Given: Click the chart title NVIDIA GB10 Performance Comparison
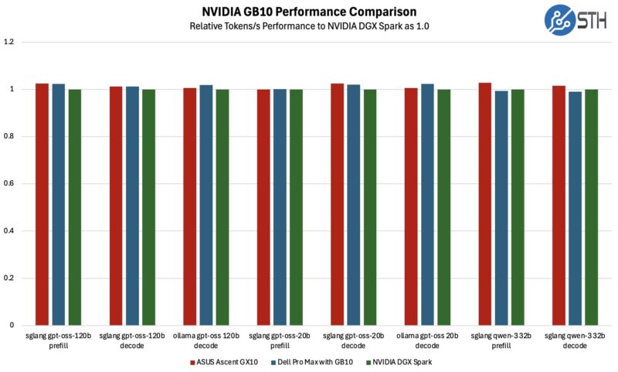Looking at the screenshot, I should pyautogui.click(x=309, y=12).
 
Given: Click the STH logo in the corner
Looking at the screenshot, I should pyautogui.click(x=579, y=21).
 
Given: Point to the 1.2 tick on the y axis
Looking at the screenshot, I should pyautogui.click(x=9, y=42).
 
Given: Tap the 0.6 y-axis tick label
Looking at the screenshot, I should pyautogui.click(x=9, y=183).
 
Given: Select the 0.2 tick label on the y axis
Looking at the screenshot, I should pyautogui.click(x=9, y=278).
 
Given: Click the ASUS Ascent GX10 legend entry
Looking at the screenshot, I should pyautogui.click(x=223, y=361).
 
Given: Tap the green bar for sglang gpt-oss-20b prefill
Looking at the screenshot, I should pyautogui.click(x=296, y=207).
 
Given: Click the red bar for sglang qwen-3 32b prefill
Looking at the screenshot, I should pyautogui.click(x=484, y=204).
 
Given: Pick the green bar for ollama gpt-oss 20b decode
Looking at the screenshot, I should pyautogui.click(x=443, y=207).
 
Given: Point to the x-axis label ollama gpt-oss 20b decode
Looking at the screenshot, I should pyautogui.click(x=427, y=340).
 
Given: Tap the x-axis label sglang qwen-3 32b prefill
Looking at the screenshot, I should pyautogui.click(x=501, y=340).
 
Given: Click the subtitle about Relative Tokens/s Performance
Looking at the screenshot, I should pyautogui.click(x=309, y=26).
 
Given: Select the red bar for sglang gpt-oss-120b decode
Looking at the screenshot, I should pyautogui.click(x=116, y=206).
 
